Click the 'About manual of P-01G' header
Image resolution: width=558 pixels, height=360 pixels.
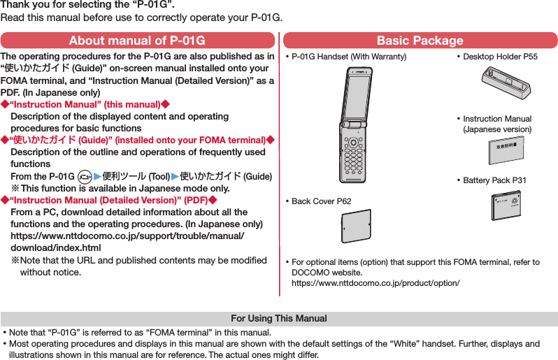tap(138, 41)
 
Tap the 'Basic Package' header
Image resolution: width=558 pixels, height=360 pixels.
tap(420, 41)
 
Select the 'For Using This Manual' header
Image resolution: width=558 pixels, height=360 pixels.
tap(279, 319)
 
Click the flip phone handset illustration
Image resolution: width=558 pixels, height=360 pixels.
tap(357, 126)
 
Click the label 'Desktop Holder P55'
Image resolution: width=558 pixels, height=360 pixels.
tap(499, 57)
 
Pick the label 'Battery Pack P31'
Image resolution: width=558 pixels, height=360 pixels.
tap(494, 180)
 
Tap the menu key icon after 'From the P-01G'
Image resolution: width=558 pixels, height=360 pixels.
tap(85, 176)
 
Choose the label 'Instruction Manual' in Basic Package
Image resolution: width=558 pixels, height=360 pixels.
tap(496, 119)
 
